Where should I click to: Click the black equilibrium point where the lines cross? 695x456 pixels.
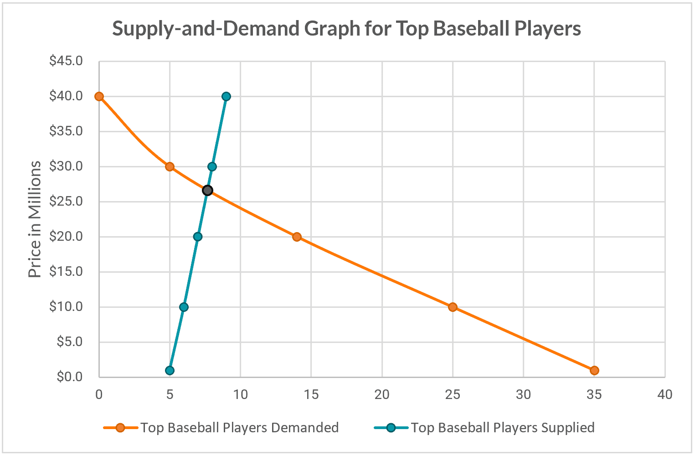click(x=207, y=190)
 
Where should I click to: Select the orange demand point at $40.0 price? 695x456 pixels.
click(x=99, y=96)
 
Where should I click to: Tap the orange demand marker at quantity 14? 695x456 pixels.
click(x=297, y=237)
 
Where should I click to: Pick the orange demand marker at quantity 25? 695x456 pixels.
click(x=453, y=307)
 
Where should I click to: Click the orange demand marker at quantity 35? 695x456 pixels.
click(x=594, y=370)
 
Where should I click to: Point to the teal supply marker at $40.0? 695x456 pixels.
click(x=226, y=96)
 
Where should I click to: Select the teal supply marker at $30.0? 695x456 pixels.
click(x=212, y=166)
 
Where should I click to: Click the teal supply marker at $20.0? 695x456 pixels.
click(x=198, y=237)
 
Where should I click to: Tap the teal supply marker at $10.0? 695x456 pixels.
click(x=184, y=307)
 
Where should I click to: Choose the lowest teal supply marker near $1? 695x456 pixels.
click(x=170, y=370)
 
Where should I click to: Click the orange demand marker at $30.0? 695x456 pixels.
click(x=170, y=166)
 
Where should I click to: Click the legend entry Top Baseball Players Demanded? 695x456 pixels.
click(x=239, y=428)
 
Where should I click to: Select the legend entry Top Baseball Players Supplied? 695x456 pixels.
click(x=502, y=428)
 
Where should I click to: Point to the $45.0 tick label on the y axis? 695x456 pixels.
click(x=66, y=61)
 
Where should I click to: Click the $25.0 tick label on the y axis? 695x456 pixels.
click(x=66, y=201)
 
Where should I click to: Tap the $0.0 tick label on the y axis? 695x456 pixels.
click(x=69, y=377)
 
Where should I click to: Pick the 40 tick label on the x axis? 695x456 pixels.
click(x=665, y=394)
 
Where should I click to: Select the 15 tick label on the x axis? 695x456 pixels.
click(x=311, y=394)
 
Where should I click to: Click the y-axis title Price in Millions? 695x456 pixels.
click(x=35, y=219)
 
